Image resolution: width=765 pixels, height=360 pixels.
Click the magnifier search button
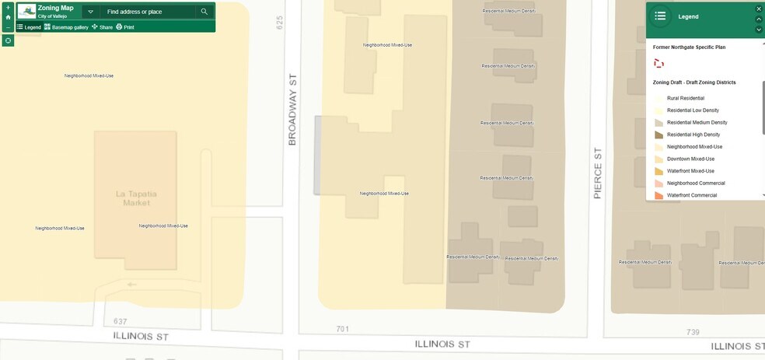pos(204,12)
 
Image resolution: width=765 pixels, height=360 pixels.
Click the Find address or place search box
pos(148,12)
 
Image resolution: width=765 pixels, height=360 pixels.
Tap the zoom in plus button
pos(8,8)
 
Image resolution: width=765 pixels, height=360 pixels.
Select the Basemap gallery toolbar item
pos(66,27)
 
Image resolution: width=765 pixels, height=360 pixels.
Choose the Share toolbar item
pos(102,27)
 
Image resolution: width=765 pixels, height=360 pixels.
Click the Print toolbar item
pos(125,27)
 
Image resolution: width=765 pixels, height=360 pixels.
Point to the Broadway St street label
pos(293,109)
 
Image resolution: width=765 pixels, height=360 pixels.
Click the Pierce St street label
pos(598,173)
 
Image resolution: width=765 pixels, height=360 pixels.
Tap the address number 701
pos(342,329)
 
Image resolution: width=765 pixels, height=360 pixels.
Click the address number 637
pos(119,320)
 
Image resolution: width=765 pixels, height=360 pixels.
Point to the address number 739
pos(693,331)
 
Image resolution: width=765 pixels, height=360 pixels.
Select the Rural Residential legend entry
pos(685,98)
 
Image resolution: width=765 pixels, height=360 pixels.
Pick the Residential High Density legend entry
pos(693,135)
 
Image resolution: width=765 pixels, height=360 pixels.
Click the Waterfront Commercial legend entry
pos(691,195)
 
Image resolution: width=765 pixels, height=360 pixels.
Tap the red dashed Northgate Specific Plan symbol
pos(659,64)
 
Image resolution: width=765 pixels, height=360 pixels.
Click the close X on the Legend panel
pos(759,9)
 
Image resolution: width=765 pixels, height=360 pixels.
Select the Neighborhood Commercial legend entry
pos(696,183)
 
